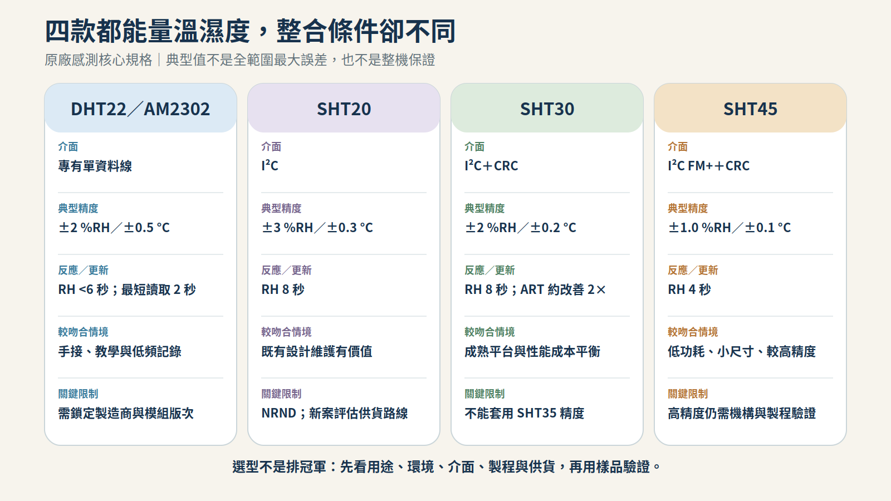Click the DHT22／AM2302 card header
pyautogui.click(x=140, y=108)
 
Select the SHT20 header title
pyautogui.click(x=344, y=109)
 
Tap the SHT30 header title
pyautogui.click(x=547, y=109)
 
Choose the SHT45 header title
pyautogui.click(x=750, y=109)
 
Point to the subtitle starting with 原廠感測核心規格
pyautogui.click(x=240, y=60)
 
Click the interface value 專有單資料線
pyautogui.click(x=95, y=166)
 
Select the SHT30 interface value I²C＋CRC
pyautogui.click(x=491, y=166)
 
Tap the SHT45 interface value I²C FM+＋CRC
pyautogui.click(x=708, y=166)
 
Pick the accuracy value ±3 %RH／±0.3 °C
pyautogui.click(x=317, y=228)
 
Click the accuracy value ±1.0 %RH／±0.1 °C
pyautogui.click(x=729, y=228)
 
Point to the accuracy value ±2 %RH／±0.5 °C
pyautogui.click(x=114, y=228)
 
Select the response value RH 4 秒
pyautogui.click(x=689, y=289)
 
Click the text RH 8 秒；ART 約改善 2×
pyautogui.click(x=535, y=289)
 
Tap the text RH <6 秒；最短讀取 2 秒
pyautogui.click(x=127, y=289)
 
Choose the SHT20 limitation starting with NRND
pyautogui.click(x=335, y=413)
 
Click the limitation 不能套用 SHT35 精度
pyautogui.click(x=524, y=413)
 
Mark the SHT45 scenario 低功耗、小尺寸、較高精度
pyautogui.click(x=742, y=351)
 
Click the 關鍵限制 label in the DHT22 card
pyautogui.click(x=78, y=394)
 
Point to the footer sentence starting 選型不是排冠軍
pyautogui.click(x=445, y=466)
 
